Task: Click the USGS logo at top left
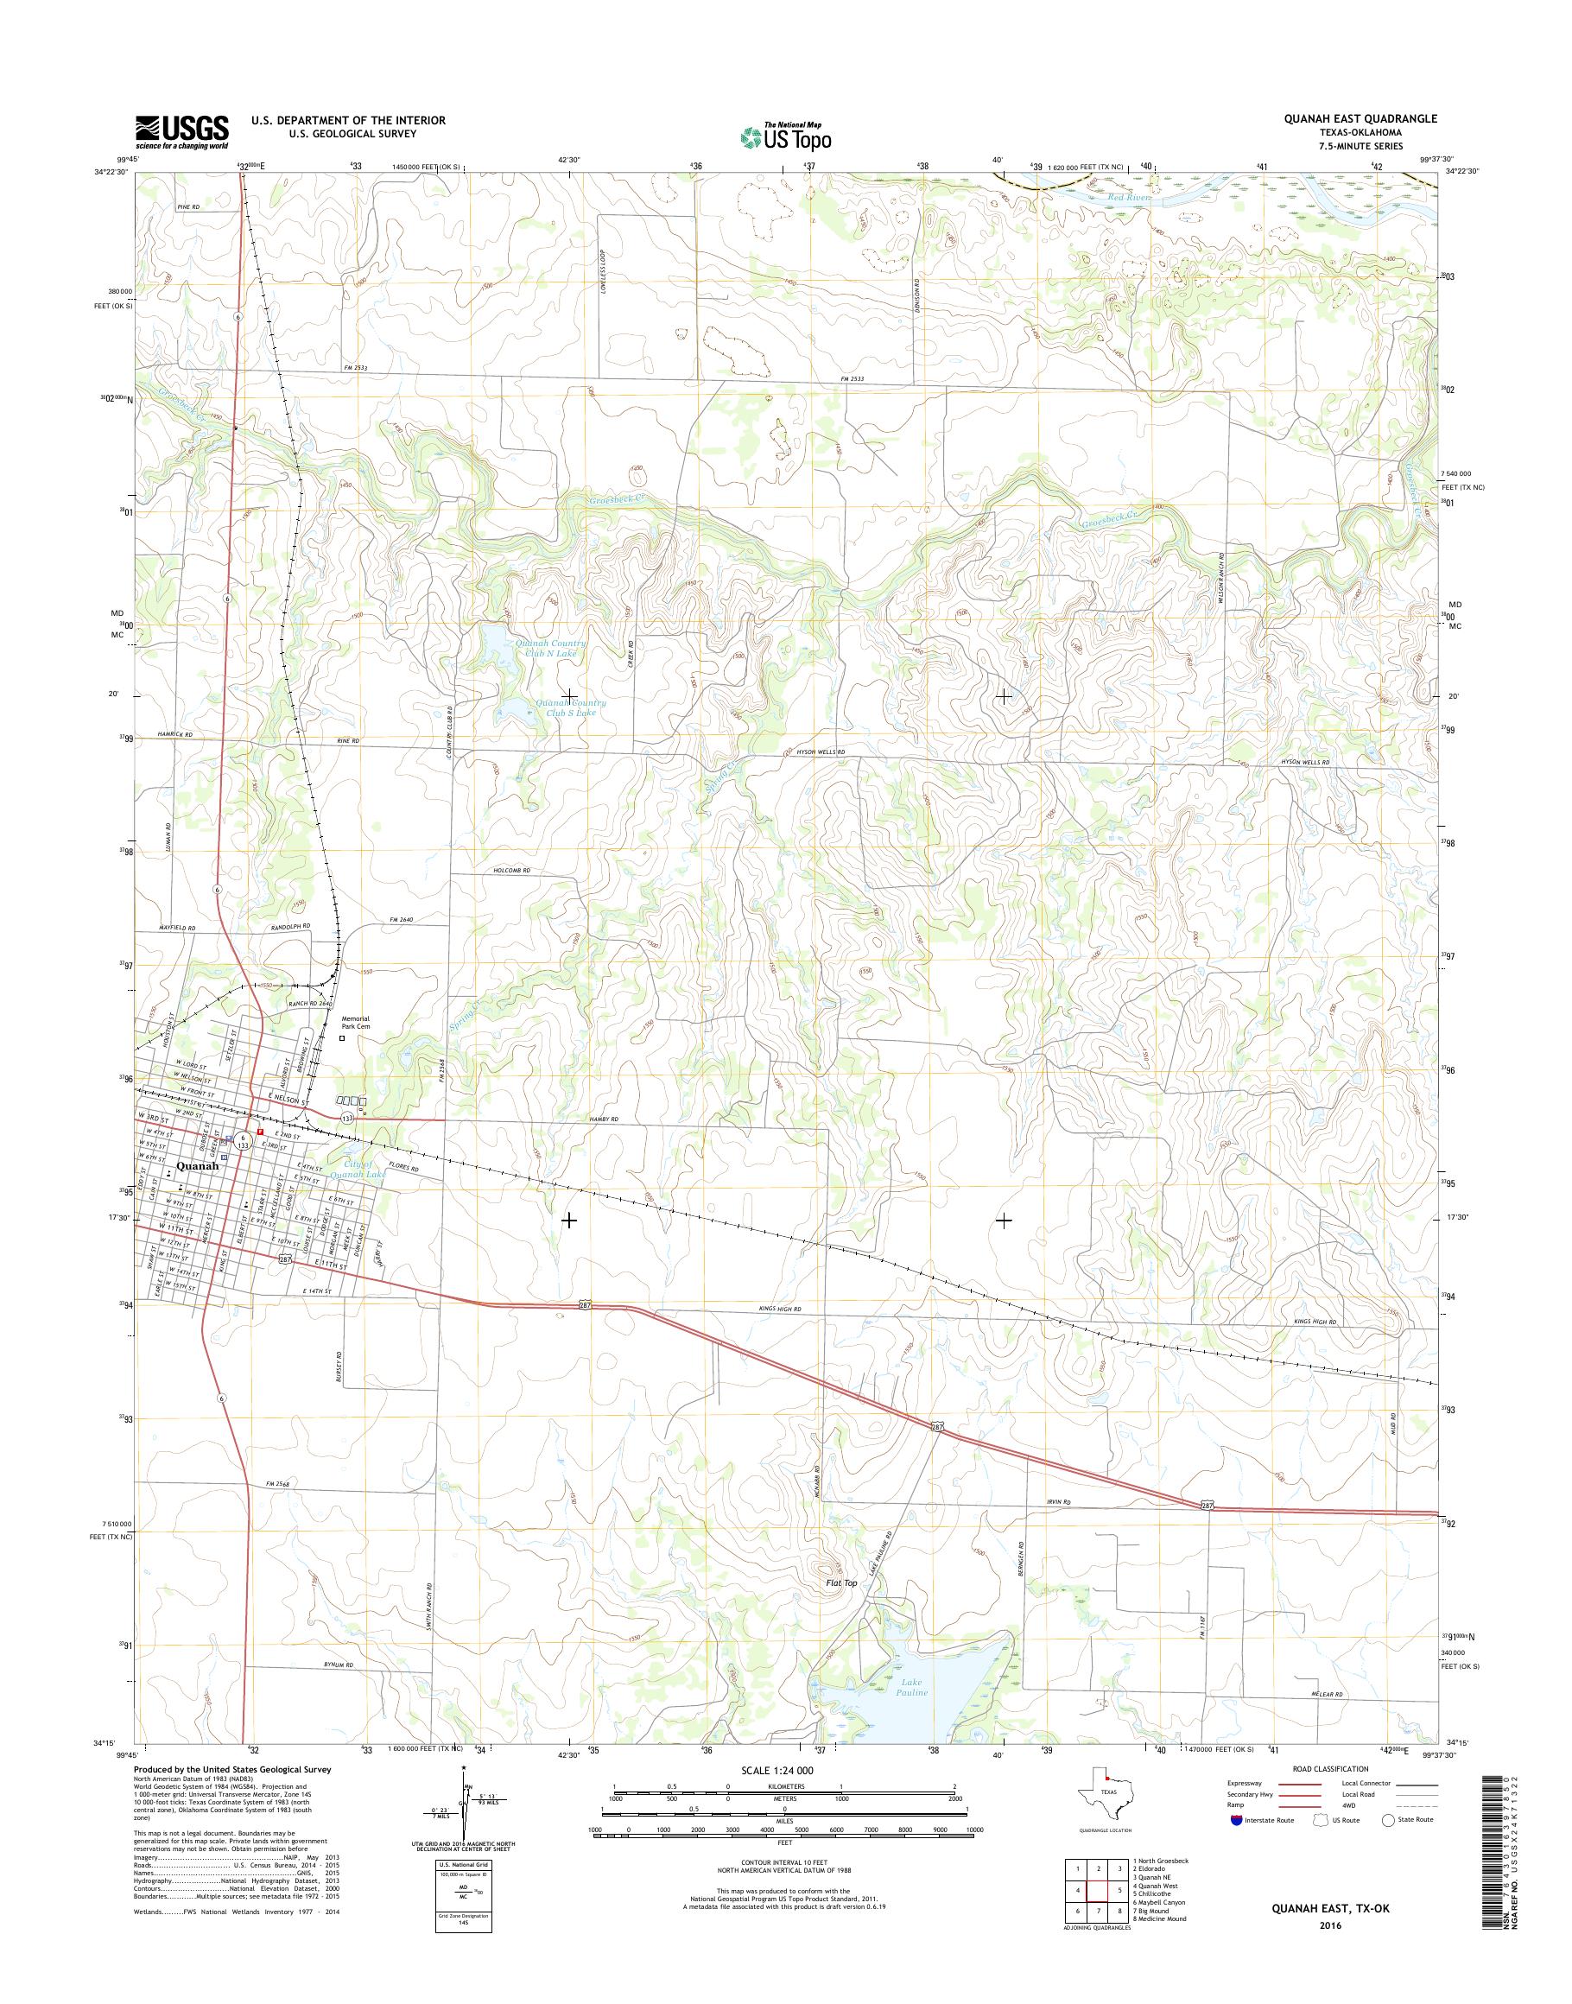pyautogui.click(x=181, y=130)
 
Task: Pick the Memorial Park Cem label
pyautogui.click(x=355, y=1023)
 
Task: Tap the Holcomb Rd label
pyautogui.click(x=513, y=871)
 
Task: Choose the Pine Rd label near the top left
pyautogui.click(x=187, y=208)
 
